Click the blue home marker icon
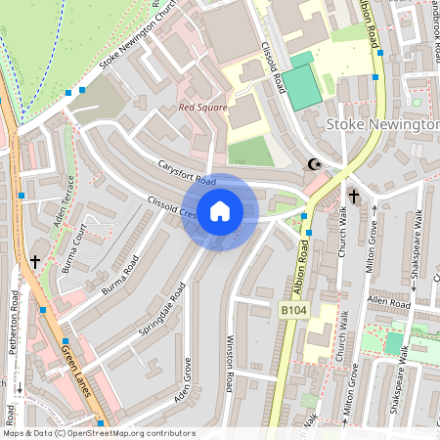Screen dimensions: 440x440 point(220,211)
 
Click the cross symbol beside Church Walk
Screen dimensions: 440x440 point(353,197)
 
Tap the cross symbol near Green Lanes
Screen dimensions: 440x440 point(35,262)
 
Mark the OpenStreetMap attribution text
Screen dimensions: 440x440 point(99,433)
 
